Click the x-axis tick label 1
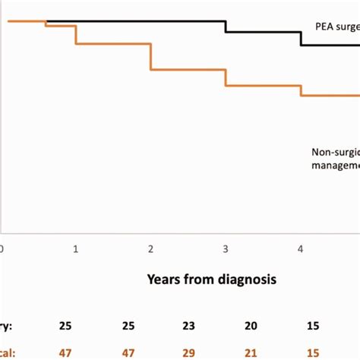[x=76, y=248]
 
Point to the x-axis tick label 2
[x=151, y=248]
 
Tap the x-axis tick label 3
[x=226, y=248]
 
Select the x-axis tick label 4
[x=301, y=248]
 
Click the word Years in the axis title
[x=165, y=279]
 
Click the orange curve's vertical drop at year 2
[x=151, y=57]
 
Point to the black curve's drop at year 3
[x=226, y=27]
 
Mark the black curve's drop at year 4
[x=301, y=39]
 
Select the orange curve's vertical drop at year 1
[x=76, y=35]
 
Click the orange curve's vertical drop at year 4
[x=301, y=90]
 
